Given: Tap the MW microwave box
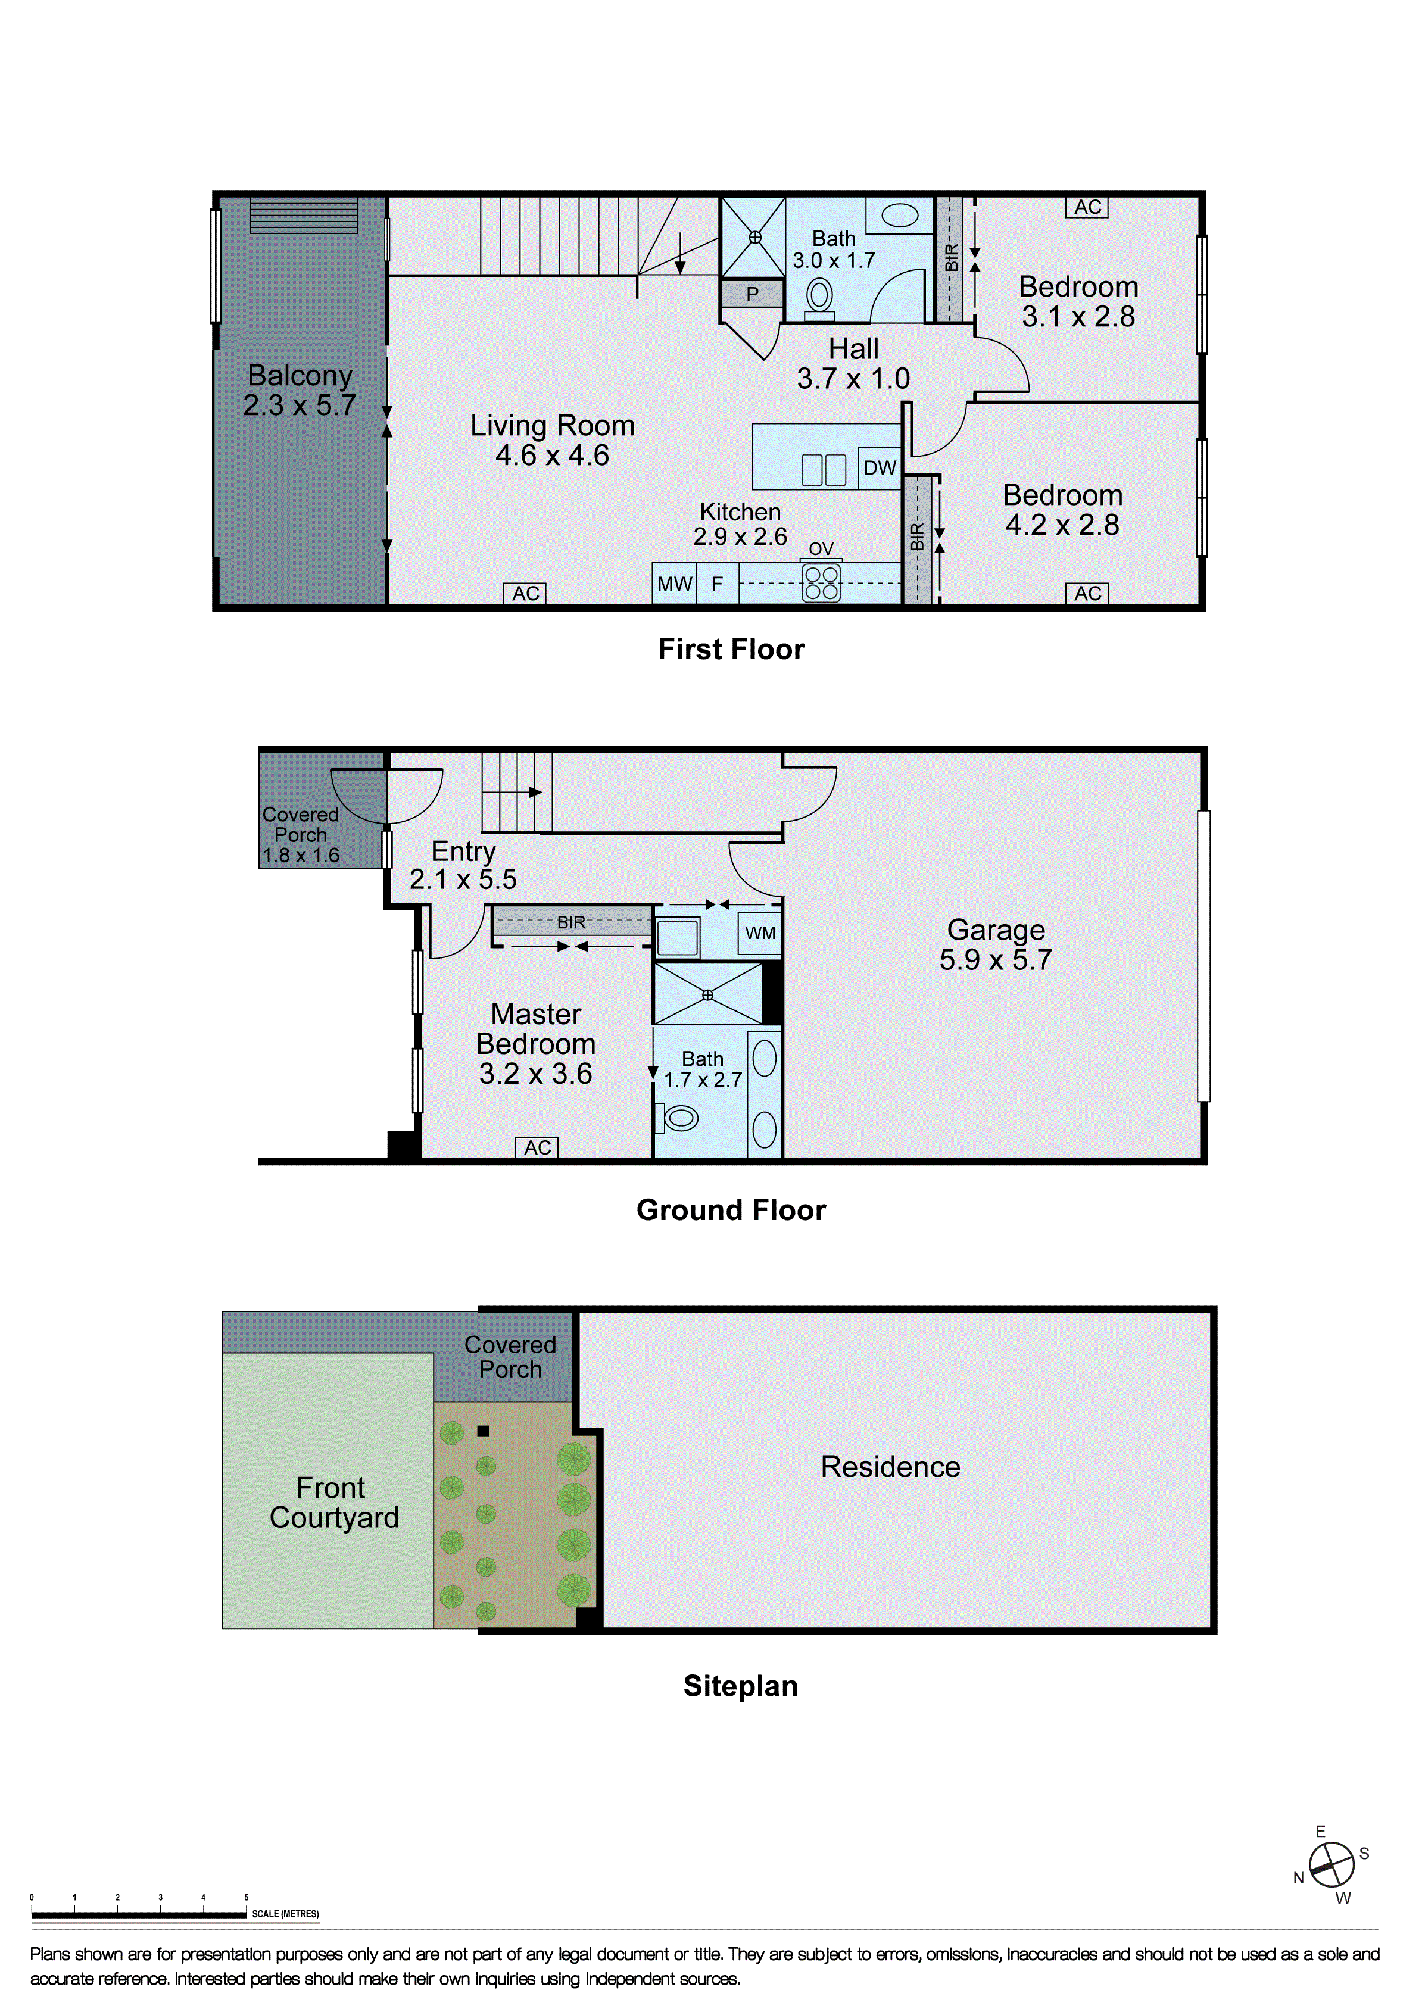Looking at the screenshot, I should pos(674,584).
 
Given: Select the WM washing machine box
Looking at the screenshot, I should pos(760,933).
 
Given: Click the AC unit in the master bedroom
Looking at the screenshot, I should pos(537,1148).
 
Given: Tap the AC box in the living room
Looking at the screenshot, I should pos(526,594).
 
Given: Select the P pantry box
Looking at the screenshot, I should pos(752,295).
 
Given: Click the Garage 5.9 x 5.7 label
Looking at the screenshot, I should pos(995,944).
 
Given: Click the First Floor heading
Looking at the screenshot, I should pos(731,650).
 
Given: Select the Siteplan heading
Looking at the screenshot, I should pos(740,1686).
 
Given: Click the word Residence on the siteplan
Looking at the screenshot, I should pos(890,1467).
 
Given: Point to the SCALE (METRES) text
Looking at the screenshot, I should pos(285,1914).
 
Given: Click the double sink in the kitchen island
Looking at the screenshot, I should pos(823,470).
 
